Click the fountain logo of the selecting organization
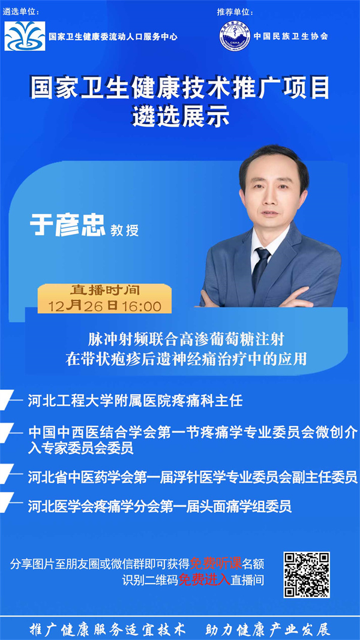click(25, 36)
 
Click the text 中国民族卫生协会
click(290, 36)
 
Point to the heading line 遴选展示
click(180, 117)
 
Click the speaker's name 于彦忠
click(68, 226)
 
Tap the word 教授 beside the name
click(124, 230)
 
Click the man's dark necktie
click(260, 267)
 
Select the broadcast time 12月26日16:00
click(105, 306)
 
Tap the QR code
click(307, 575)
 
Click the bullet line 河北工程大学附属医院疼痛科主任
click(136, 401)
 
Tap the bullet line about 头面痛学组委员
click(160, 506)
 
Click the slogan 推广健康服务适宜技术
click(108, 629)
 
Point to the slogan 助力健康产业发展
click(268, 629)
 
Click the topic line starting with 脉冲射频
click(186, 339)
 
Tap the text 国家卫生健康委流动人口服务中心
click(113, 37)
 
